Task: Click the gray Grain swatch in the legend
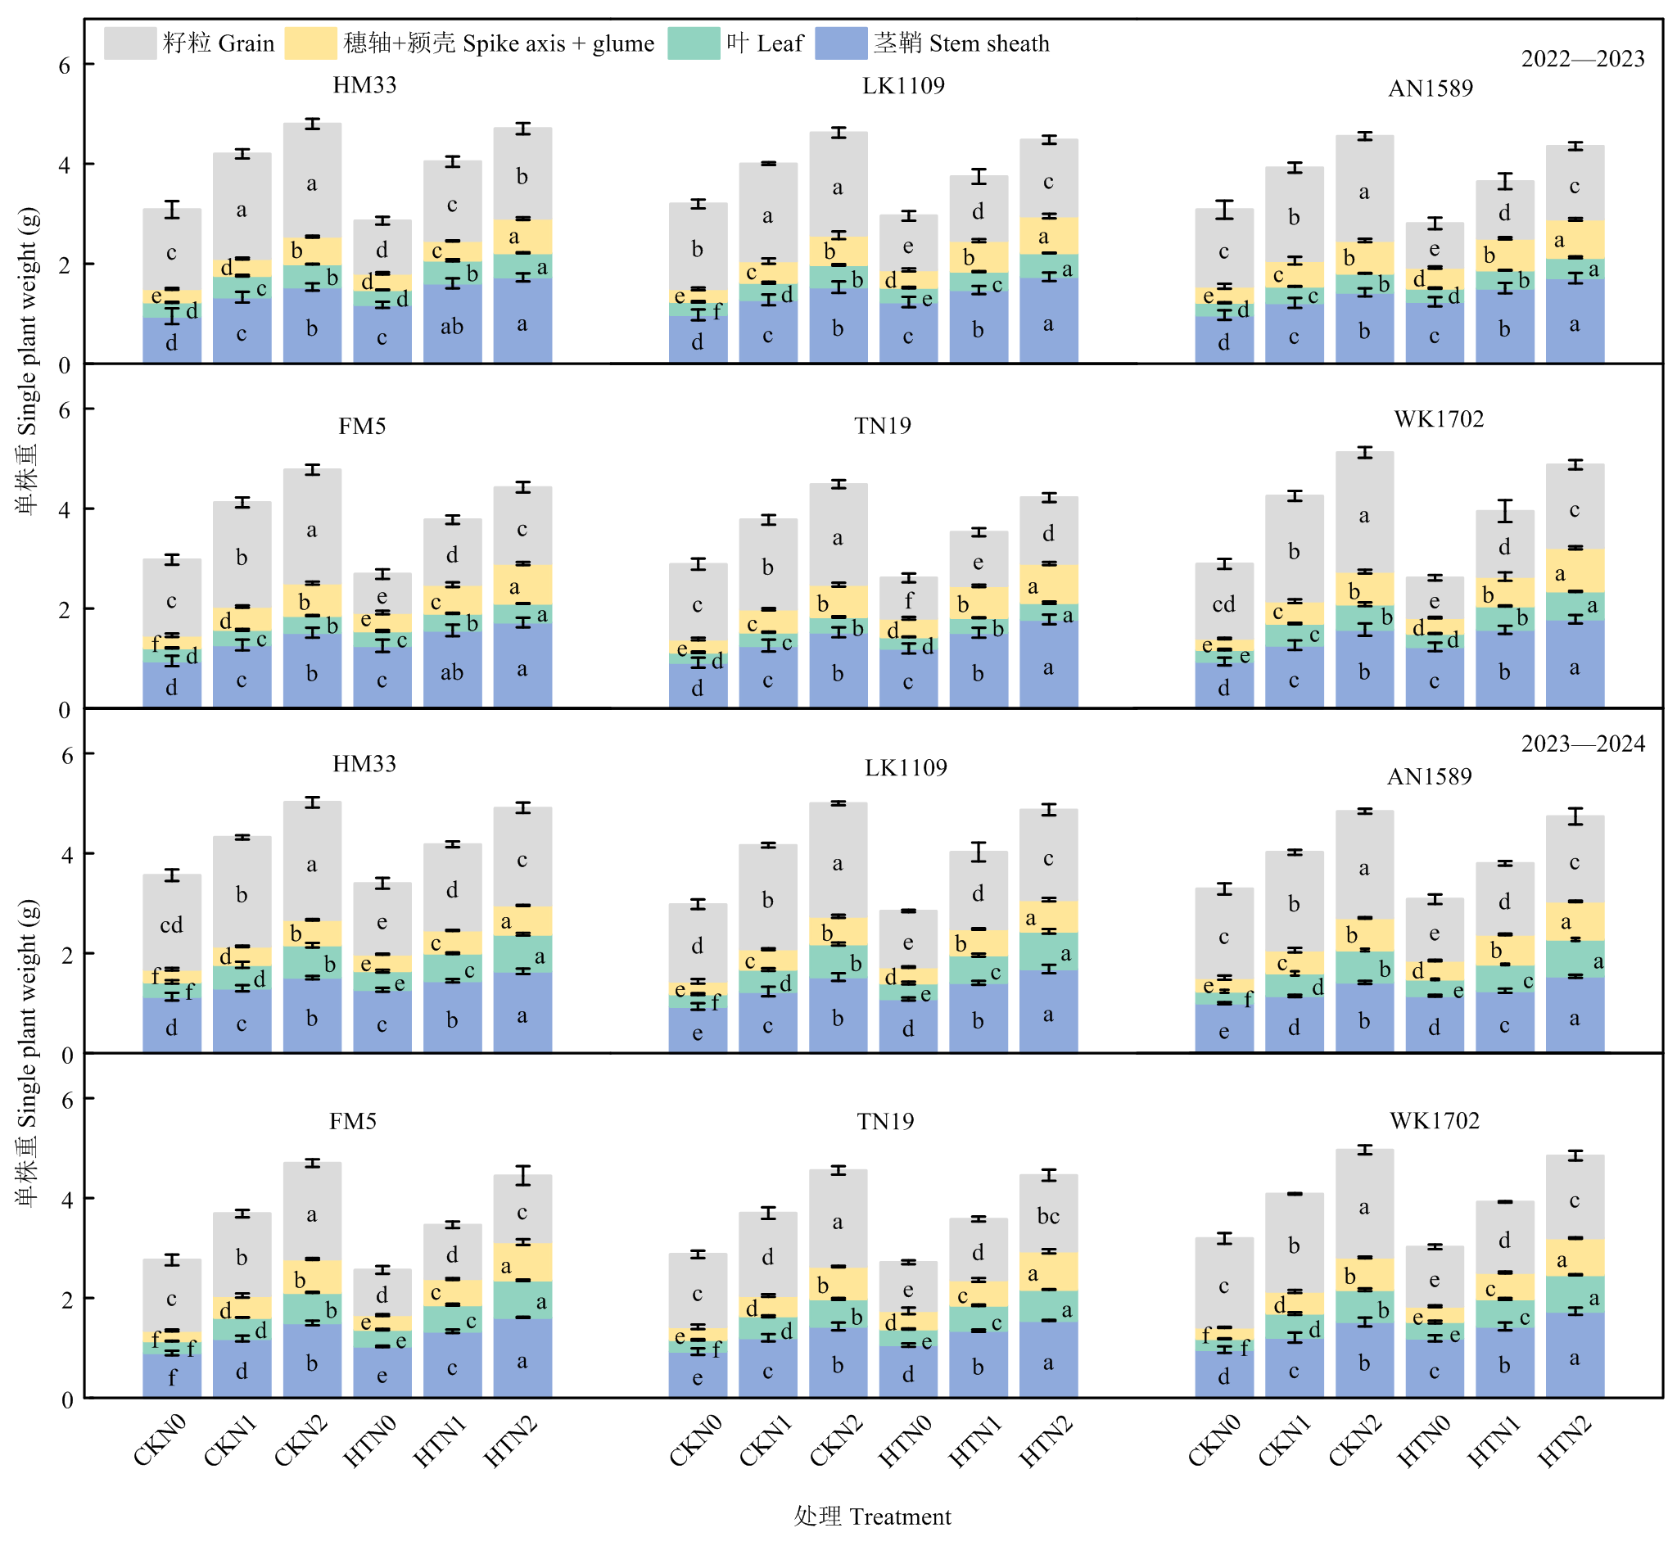click(x=129, y=43)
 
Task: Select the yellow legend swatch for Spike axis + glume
click(x=310, y=43)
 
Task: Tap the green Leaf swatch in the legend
click(x=694, y=43)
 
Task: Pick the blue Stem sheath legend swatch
click(x=841, y=43)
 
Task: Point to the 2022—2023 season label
click(x=1583, y=59)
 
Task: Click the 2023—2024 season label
click(x=1583, y=744)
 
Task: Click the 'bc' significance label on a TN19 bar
click(x=1048, y=1215)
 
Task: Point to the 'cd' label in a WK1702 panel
click(x=1223, y=604)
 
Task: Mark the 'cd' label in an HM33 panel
click(x=171, y=924)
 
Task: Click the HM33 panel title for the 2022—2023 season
click(x=364, y=85)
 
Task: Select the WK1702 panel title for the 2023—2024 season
click(x=1435, y=1120)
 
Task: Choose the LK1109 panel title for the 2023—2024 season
click(x=906, y=768)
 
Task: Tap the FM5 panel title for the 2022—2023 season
click(x=362, y=426)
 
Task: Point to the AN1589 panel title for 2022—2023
click(x=1431, y=88)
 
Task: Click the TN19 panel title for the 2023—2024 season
click(x=885, y=1121)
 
